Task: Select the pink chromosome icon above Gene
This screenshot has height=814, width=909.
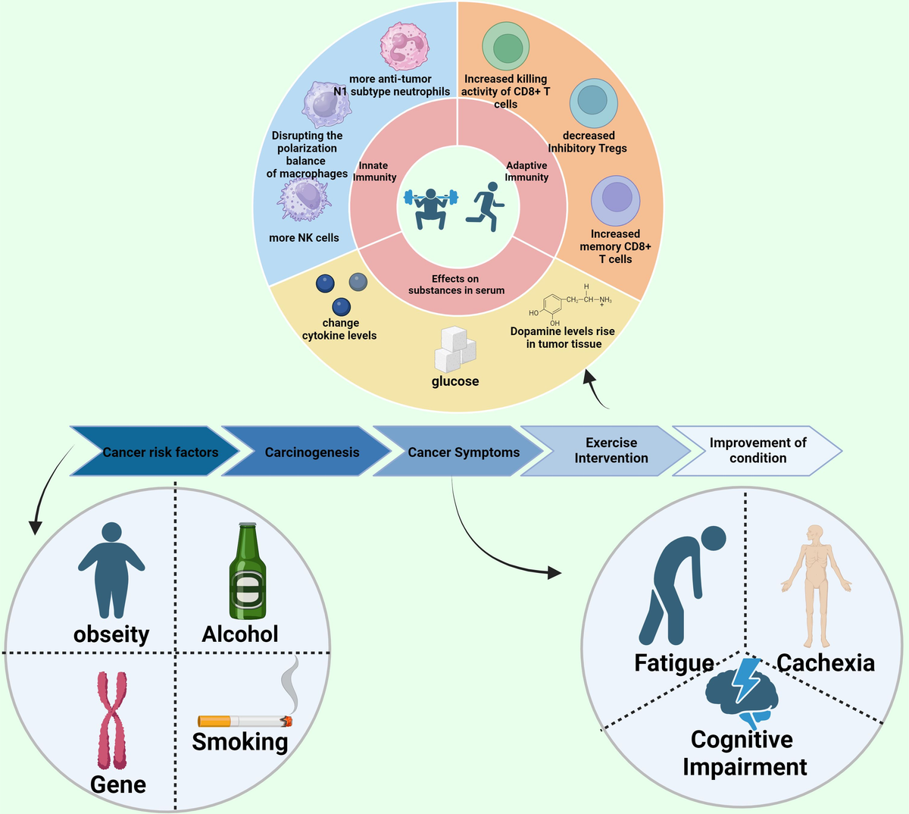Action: pos(112,719)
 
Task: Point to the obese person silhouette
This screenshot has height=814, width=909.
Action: pos(111,568)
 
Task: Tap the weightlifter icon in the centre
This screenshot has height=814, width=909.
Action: pos(430,207)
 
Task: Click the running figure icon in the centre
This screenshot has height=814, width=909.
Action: pos(483,209)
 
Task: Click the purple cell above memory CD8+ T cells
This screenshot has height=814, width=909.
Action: pos(615,200)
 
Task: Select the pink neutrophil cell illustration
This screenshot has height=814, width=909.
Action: pos(405,46)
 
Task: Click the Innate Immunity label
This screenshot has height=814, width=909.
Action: pos(374,171)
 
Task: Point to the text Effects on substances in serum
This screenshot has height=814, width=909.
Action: pos(456,284)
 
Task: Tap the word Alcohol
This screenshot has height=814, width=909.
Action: pos(240,634)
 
